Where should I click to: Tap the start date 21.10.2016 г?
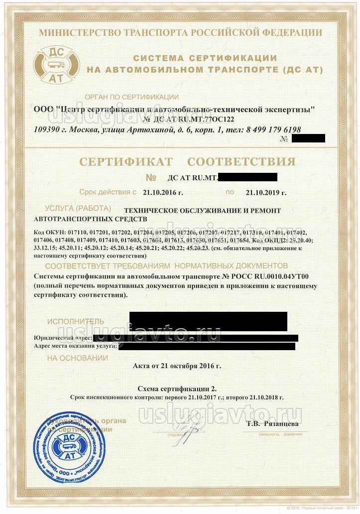pos(163,192)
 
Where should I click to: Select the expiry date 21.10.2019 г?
pos(266,192)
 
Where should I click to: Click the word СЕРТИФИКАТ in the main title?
pos(123,162)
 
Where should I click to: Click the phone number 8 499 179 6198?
pos(273,129)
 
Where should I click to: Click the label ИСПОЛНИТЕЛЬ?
pos(76,321)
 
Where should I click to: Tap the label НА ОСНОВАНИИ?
pos(77,358)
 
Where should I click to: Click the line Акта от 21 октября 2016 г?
pos(177,366)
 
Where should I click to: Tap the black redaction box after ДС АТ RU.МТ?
pos(247,177)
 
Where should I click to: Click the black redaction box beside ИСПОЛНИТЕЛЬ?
pos(208,321)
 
